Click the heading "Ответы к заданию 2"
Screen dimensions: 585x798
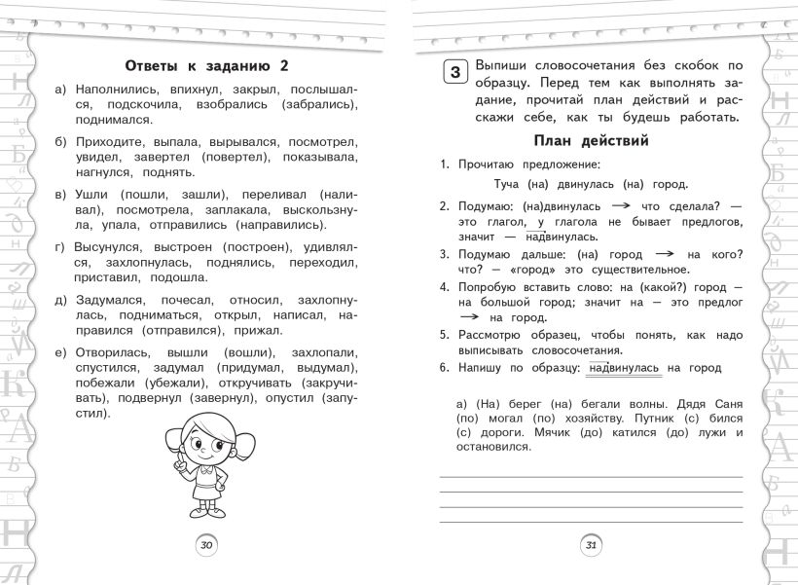point(208,65)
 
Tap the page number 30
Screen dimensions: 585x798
point(206,545)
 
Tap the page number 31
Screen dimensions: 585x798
point(591,545)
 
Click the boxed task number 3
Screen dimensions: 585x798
point(454,73)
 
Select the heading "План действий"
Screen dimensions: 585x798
point(592,141)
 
